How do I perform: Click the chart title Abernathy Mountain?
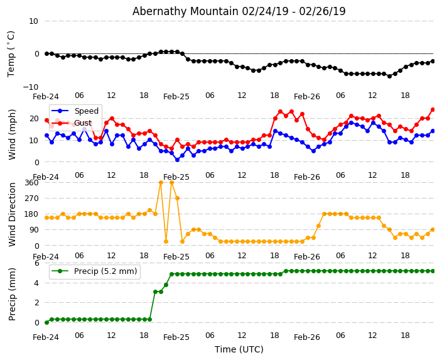(x=239, y=11)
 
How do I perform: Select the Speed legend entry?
(x=86, y=111)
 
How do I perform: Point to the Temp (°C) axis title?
(x=11, y=53)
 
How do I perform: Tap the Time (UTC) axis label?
(x=239, y=349)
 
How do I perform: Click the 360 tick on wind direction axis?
(x=31, y=182)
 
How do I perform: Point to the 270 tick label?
(x=31, y=198)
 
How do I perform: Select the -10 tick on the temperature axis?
(x=30, y=87)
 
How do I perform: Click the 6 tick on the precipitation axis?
(x=36, y=263)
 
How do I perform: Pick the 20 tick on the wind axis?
(x=34, y=118)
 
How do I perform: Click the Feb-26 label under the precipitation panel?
(x=307, y=337)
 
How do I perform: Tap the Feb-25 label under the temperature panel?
(x=176, y=97)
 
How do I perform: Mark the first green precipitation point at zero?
(x=46, y=322)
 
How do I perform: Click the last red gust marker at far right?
(x=433, y=109)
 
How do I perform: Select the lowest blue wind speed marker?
(x=177, y=160)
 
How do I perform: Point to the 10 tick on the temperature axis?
(x=33, y=21)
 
